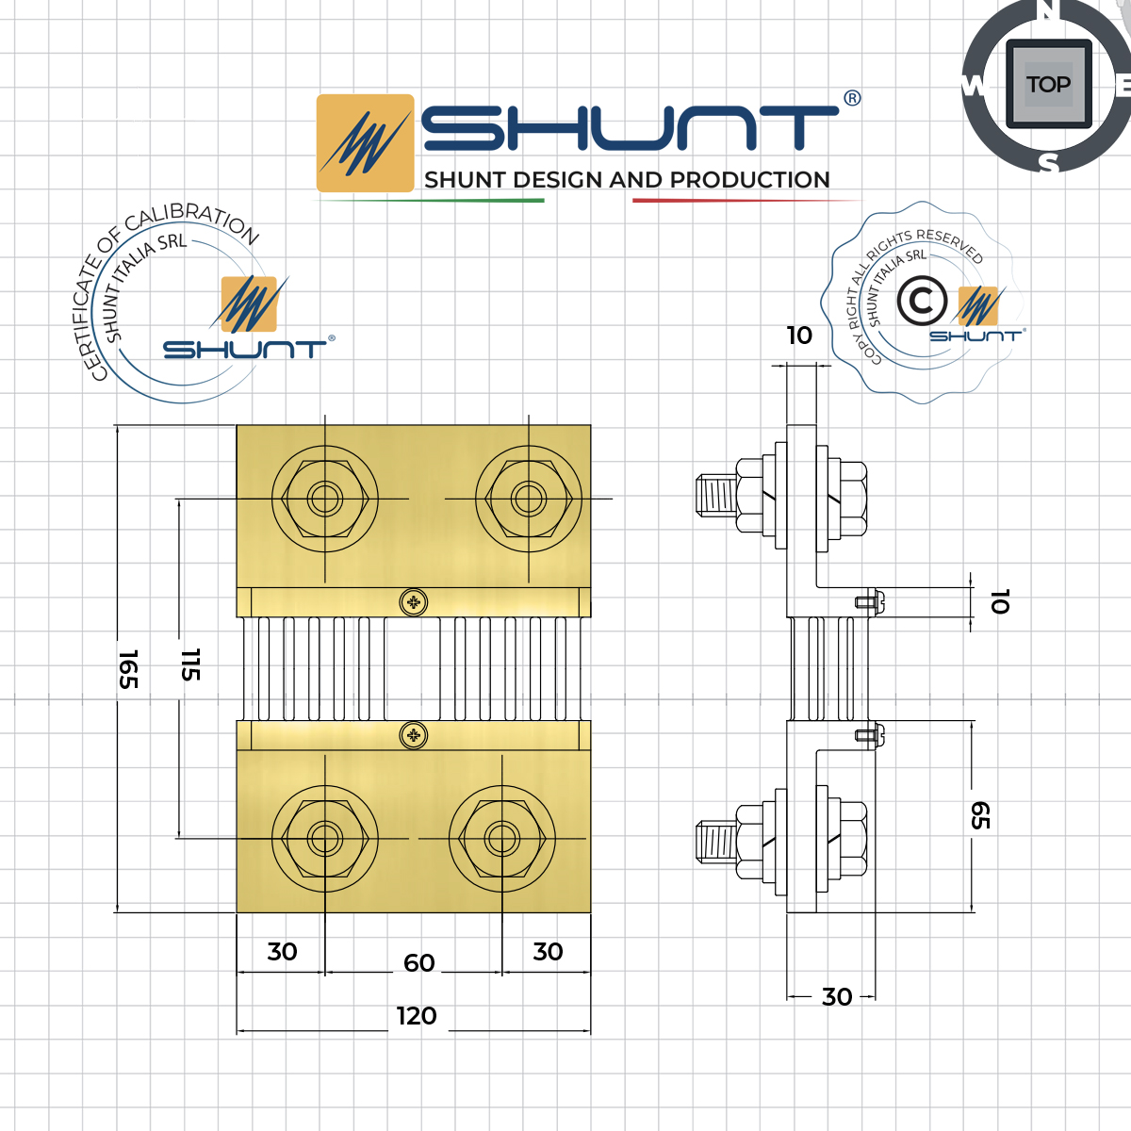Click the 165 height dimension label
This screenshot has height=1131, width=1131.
[128, 668]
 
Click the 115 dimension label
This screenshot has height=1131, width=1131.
[190, 664]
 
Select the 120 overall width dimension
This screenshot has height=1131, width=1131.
[416, 1016]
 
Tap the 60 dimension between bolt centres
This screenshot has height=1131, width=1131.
[418, 962]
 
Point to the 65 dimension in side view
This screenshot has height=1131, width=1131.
[980, 816]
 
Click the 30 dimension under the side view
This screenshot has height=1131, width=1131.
[837, 997]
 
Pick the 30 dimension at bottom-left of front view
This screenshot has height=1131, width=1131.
[282, 952]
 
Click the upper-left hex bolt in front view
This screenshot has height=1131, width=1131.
[325, 499]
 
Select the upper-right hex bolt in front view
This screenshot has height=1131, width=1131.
[529, 499]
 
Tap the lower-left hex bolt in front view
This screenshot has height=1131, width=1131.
[325, 837]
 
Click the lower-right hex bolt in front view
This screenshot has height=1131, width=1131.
[502, 837]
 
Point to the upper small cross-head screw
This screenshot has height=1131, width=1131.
[413, 602]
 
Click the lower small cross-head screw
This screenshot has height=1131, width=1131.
[413, 735]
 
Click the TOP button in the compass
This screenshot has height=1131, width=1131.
[1048, 85]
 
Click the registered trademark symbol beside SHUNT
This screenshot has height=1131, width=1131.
[851, 99]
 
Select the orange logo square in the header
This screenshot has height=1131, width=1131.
[365, 143]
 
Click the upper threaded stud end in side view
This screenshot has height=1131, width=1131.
[715, 495]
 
